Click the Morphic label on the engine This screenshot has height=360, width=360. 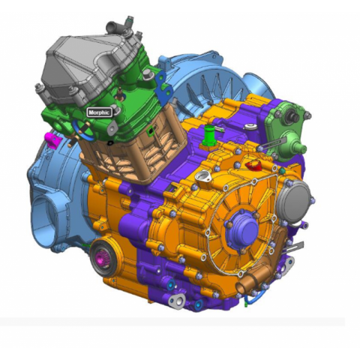(99, 112)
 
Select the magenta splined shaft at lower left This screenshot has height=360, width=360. (102, 258)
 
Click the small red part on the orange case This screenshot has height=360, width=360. (253, 165)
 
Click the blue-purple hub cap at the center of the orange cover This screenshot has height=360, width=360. (242, 230)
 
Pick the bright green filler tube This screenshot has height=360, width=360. (210, 136)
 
